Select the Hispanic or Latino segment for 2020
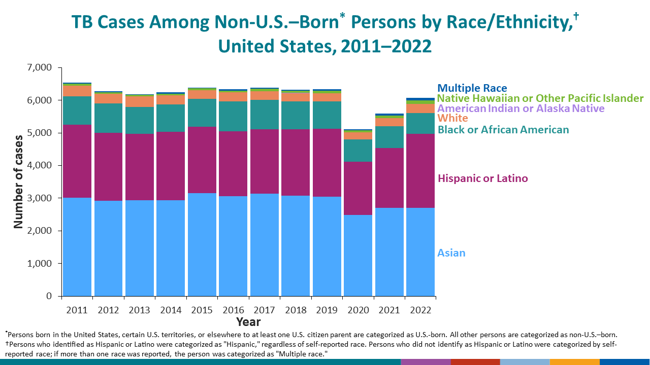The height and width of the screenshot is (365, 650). (x=358, y=188)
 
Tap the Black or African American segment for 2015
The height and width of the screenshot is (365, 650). (x=202, y=113)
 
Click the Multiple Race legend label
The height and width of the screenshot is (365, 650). (x=472, y=88)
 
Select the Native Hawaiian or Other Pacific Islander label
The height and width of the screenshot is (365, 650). (x=540, y=98)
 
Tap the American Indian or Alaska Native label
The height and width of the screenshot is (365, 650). (x=521, y=108)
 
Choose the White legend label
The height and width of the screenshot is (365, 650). (x=452, y=118)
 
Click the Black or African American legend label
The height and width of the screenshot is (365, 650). (x=503, y=130)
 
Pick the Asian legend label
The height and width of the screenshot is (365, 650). (x=451, y=253)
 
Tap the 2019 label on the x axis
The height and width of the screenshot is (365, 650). (x=327, y=310)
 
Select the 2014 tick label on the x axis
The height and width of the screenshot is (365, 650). (x=171, y=310)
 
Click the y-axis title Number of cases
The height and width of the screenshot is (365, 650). (x=18, y=181)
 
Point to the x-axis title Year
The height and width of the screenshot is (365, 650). (x=248, y=322)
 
